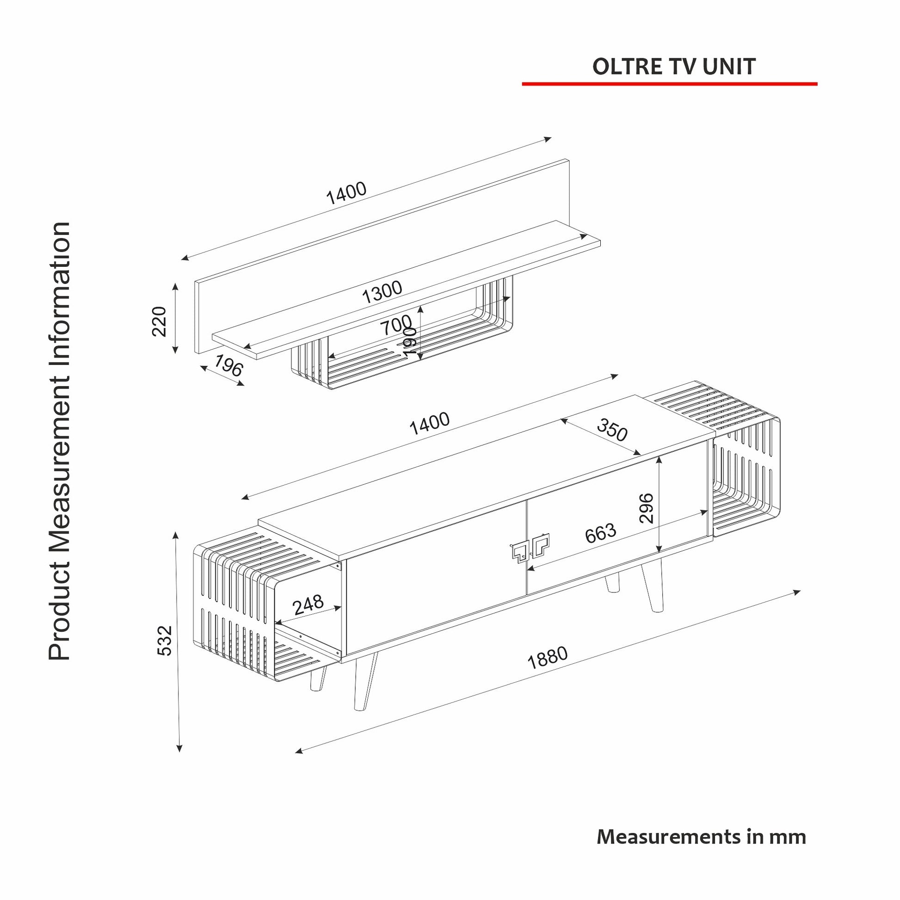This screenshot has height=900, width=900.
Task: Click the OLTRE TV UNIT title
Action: coord(673,67)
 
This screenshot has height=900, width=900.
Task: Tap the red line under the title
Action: coord(669,84)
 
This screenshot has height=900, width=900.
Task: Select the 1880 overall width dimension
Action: coord(548,657)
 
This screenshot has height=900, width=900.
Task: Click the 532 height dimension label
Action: coord(165,641)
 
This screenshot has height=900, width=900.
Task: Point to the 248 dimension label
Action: coord(308,604)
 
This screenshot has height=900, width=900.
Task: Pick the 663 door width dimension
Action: coord(600,533)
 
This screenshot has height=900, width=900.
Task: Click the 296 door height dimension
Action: coord(647,508)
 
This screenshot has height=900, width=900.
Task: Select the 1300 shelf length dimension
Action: coord(382,292)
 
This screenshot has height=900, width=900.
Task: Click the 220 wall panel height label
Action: coord(159,321)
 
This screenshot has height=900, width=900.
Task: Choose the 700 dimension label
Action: coord(396,325)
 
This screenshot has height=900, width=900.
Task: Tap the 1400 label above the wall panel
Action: coord(346,192)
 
